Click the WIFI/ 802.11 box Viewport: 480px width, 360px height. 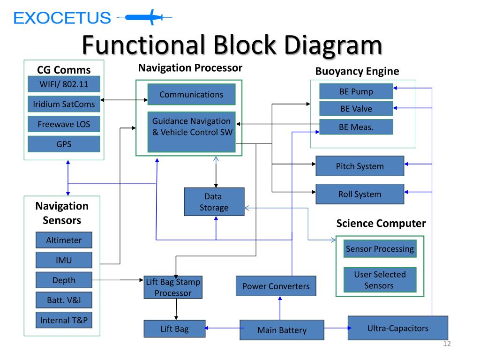(x=64, y=84)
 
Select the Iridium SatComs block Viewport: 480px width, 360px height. (x=64, y=104)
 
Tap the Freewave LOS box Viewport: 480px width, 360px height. (x=64, y=124)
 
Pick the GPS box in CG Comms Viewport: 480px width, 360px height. (x=64, y=144)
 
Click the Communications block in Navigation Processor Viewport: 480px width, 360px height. (x=192, y=94)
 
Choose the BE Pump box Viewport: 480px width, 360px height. (x=356, y=91)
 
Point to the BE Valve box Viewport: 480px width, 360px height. (x=356, y=108)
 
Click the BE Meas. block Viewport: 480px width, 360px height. (x=356, y=127)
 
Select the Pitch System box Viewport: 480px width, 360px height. (x=360, y=166)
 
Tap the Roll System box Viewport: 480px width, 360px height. (x=360, y=194)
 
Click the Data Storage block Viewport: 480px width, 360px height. (x=214, y=202)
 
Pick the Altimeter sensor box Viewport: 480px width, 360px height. (x=64, y=240)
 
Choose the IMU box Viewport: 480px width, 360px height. (x=64, y=260)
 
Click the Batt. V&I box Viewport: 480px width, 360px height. (x=64, y=300)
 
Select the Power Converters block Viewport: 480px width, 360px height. (x=276, y=286)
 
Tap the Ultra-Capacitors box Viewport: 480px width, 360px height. (x=398, y=328)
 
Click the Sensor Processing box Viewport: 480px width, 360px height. (x=380, y=248)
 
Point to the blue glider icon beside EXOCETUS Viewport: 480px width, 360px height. (x=144, y=17)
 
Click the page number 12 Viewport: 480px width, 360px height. (x=447, y=344)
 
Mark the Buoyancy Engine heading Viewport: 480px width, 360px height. (x=357, y=71)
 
